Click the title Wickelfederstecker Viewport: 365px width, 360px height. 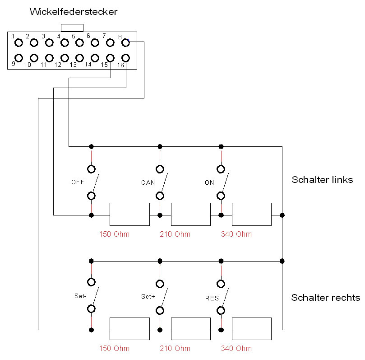pos(74,12)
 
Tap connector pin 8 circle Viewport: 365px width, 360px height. pos(126,43)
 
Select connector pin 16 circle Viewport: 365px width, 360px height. pos(126,58)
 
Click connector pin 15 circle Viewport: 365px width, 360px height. pos(111,58)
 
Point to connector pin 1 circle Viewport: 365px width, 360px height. pos(18,43)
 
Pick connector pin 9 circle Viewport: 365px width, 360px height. pos(18,58)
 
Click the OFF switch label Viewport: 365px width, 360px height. pos(78,182)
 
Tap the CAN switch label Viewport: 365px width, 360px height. pos(148,183)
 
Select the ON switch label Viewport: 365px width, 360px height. pos(209,182)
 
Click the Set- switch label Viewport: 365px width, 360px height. pos(80,297)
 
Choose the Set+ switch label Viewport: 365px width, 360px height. pos(148,297)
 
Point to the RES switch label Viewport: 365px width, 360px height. pos(212,298)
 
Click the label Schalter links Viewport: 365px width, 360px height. pos(322,180)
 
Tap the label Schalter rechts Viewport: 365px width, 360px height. pos(325,298)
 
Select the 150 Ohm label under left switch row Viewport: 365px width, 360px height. pos(114,234)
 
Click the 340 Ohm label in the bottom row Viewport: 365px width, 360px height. pos(236,348)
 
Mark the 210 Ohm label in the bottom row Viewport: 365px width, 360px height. pos(175,348)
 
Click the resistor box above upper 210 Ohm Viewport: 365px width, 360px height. pos(191,214)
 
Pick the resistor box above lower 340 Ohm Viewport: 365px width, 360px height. pos(252,328)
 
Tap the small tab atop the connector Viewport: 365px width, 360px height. pos(72,28)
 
